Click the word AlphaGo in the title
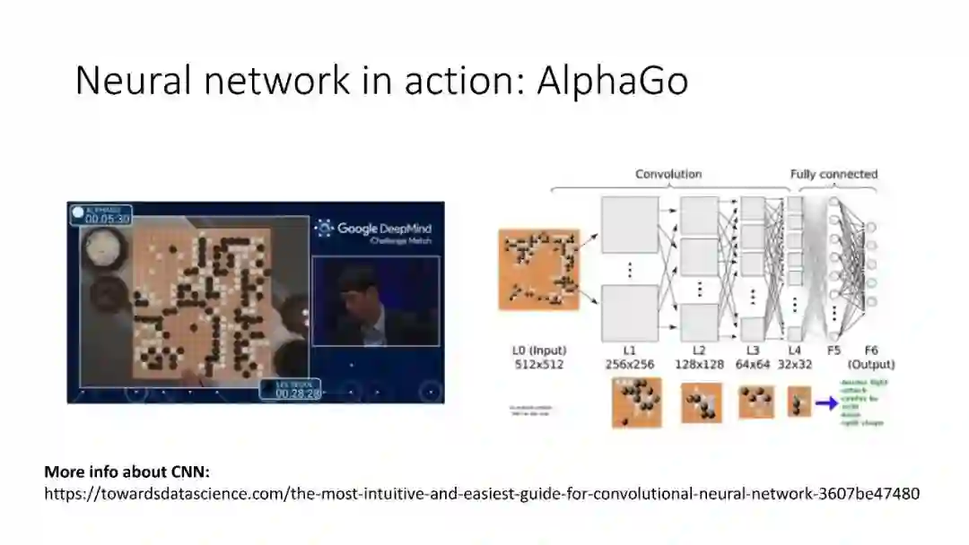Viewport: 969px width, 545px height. pyautogui.click(x=613, y=81)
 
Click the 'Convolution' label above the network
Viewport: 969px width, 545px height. pyautogui.click(x=668, y=174)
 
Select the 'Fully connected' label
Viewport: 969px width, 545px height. pyautogui.click(x=834, y=174)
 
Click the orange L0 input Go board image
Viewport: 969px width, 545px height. pyautogui.click(x=538, y=269)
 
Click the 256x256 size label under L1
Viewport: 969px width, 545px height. pyautogui.click(x=629, y=365)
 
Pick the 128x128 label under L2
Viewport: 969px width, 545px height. pyautogui.click(x=700, y=365)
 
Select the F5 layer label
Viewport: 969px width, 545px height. pyautogui.click(x=834, y=350)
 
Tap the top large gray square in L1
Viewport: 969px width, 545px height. pyautogui.click(x=629, y=225)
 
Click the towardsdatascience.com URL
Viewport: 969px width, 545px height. pyautogui.click(x=482, y=494)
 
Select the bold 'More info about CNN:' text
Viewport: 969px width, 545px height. pyautogui.click(x=127, y=471)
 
